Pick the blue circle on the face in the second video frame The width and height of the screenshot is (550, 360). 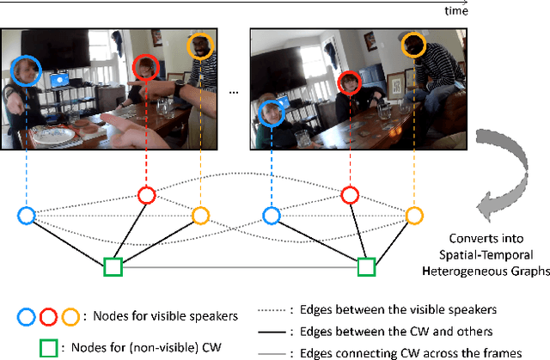[x=272, y=112]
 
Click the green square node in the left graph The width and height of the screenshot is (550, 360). [x=113, y=267]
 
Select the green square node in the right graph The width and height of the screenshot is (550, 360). [x=366, y=267]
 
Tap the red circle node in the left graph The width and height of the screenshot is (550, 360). [x=147, y=195]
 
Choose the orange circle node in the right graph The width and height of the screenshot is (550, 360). [x=414, y=215]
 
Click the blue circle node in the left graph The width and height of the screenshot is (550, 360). [x=27, y=215]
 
